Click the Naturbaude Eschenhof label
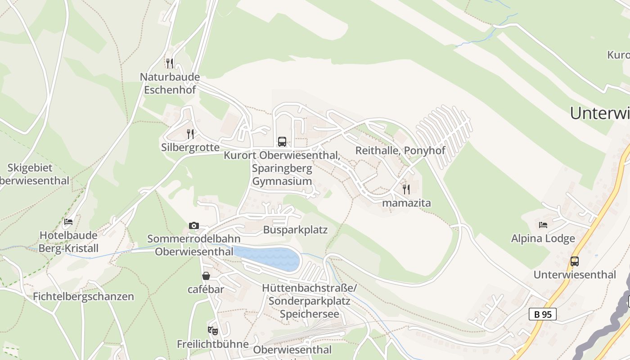pos(170,83)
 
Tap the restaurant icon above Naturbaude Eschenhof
pos(170,63)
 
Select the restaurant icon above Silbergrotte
pos(190,134)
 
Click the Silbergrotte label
pos(190,147)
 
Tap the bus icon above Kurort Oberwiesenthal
pos(282,142)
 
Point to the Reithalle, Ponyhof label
pos(400,150)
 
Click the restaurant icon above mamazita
pos(406,189)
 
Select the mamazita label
pos(406,203)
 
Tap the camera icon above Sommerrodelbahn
pos(194,225)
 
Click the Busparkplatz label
pos(295,230)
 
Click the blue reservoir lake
pos(270,258)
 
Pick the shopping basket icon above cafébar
pos(206,276)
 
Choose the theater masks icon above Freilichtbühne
pos(213,331)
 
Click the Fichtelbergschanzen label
pos(84,297)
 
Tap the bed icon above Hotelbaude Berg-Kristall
pos(68,221)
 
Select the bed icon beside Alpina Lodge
pos(543,225)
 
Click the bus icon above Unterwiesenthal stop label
pos(575,261)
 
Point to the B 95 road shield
pos(543,314)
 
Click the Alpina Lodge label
pos(543,238)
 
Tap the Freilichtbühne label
pos(213,344)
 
